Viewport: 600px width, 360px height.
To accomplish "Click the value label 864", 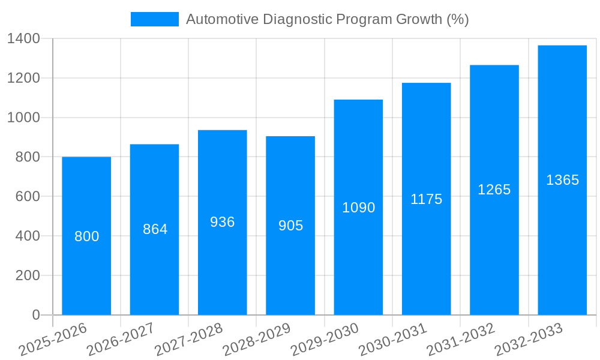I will pyautogui.click(x=155, y=229).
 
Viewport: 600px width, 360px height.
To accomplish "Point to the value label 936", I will pyautogui.click(x=223, y=222).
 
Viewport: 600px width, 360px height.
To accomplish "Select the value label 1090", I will pyautogui.click(x=358, y=208).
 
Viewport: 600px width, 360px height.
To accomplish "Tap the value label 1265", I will pyautogui.click(x=494, y=190).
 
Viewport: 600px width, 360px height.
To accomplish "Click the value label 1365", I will pyautogui.click(x=562, y=180).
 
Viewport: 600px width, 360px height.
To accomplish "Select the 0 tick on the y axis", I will pyautogui.click(x=35, y=315).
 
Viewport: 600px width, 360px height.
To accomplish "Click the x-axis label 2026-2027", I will pyautogui.click(x=121, y=339).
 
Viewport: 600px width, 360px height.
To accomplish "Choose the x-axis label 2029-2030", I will pyautogui.click(x=325, y=339).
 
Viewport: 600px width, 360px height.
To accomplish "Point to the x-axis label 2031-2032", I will pyautogui.click(x=460, y=339).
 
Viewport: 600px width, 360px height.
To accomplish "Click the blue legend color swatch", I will pyautogui.click(x=155, y=19).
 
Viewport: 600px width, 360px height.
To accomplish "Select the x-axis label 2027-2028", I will pyautogui.click(x=188, y=339).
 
